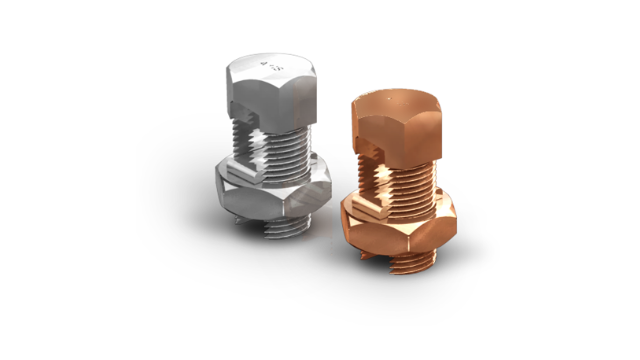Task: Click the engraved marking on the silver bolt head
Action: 270,65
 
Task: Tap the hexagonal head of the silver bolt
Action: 272,95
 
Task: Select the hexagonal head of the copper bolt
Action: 397,130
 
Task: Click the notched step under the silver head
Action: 245,120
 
